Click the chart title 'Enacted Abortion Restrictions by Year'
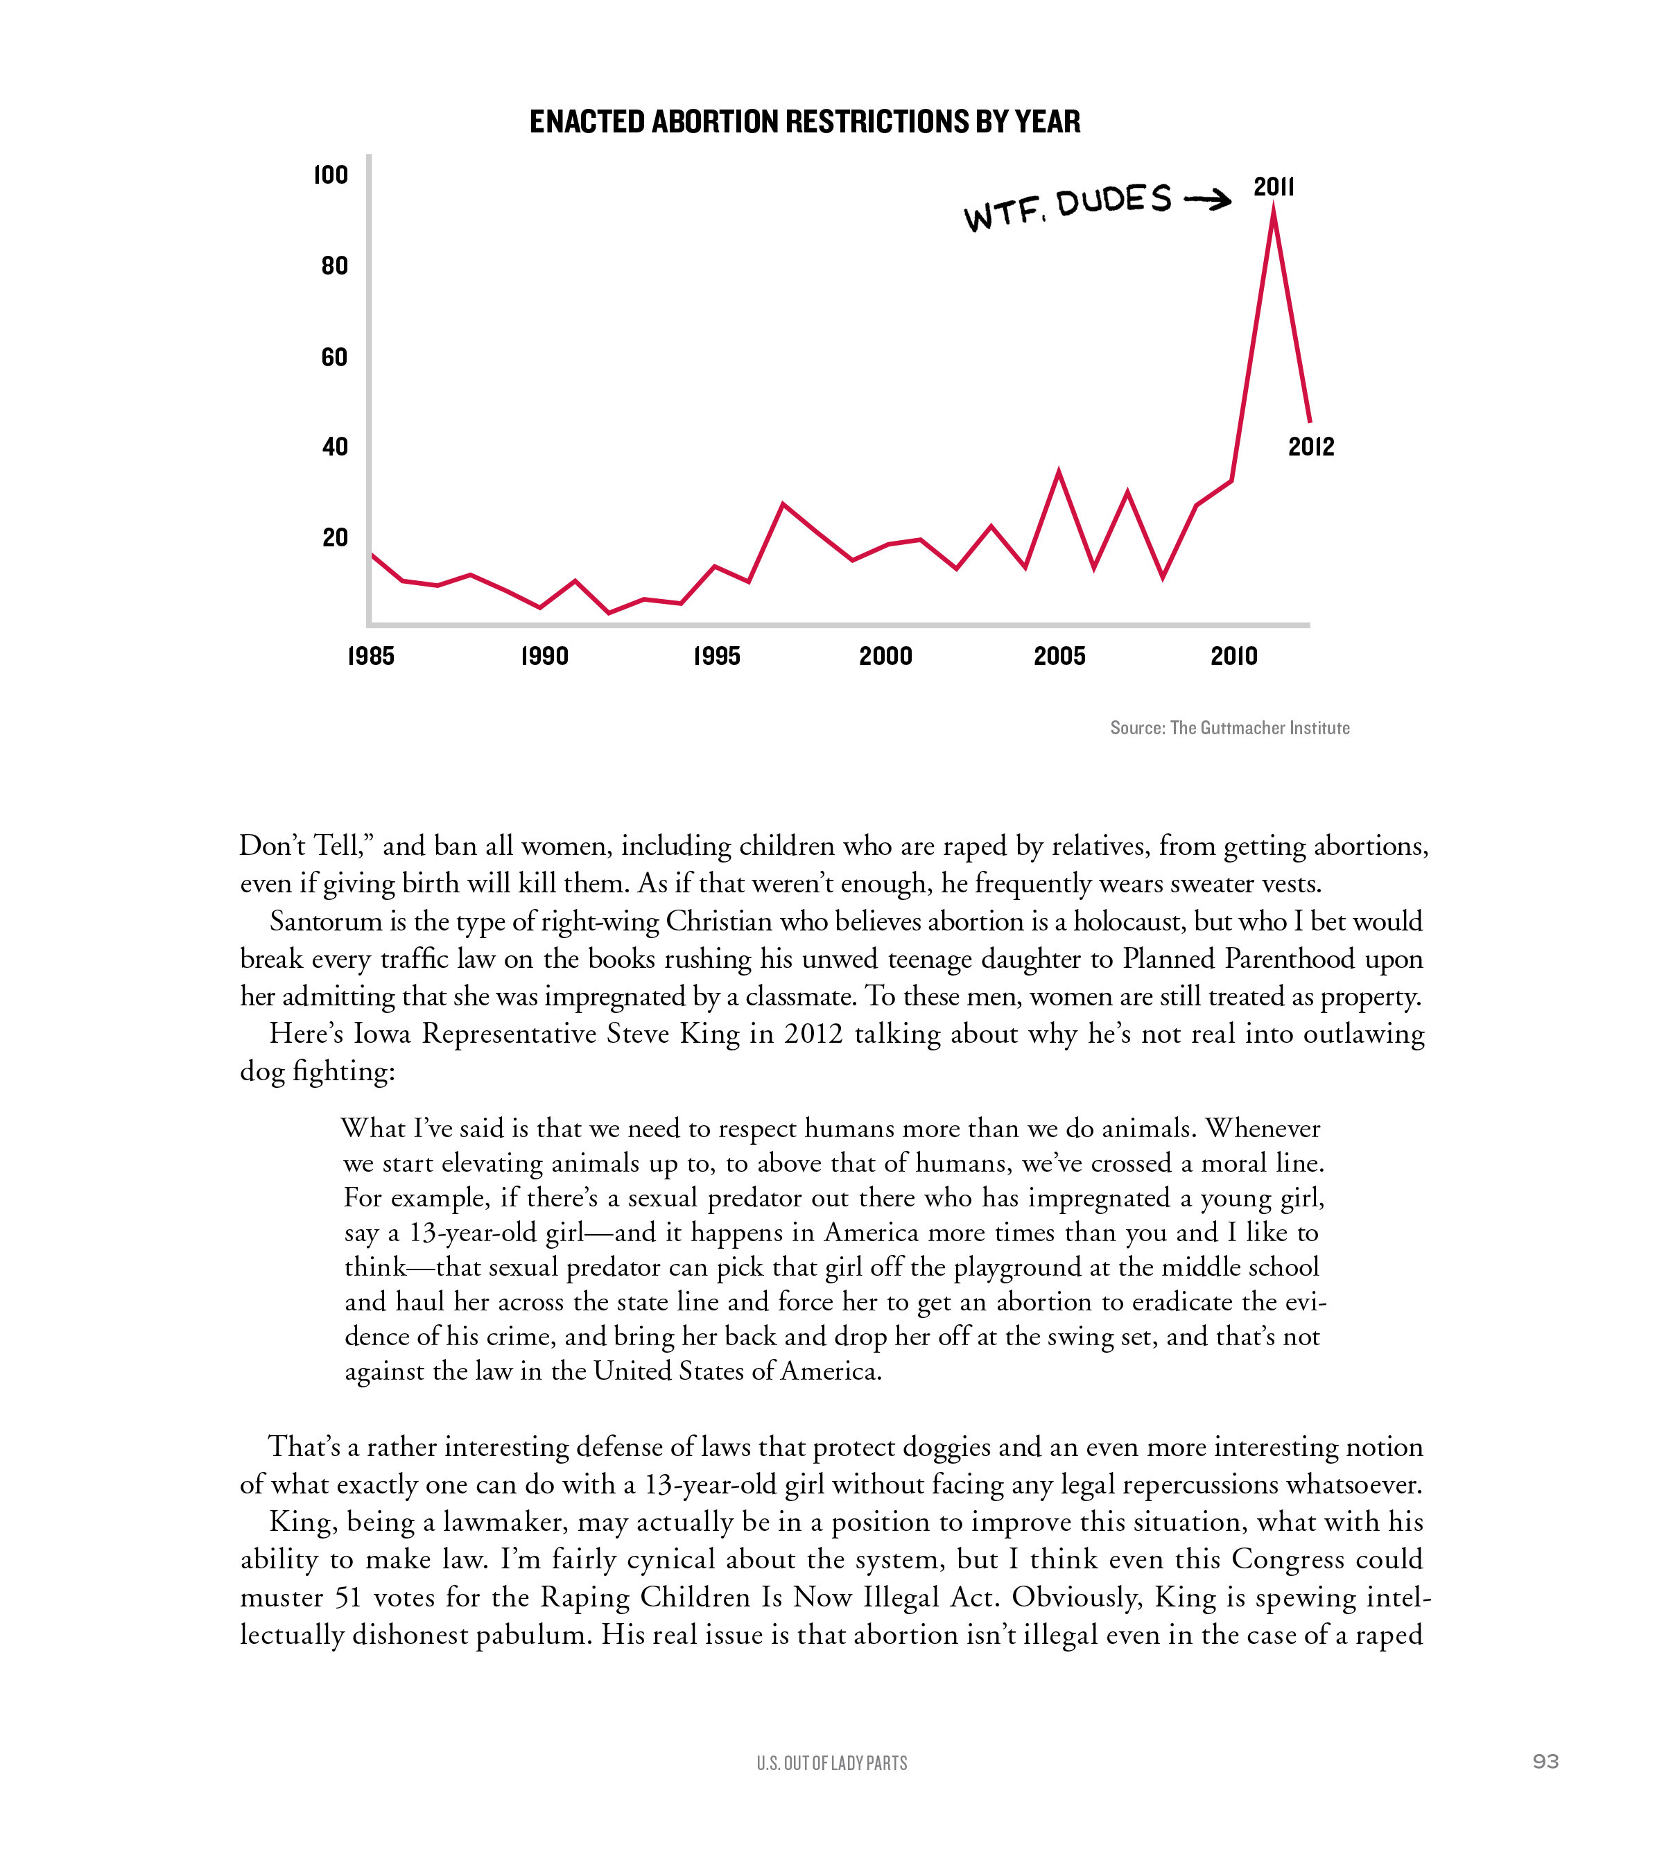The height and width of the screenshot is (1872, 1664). (x=804, y=122)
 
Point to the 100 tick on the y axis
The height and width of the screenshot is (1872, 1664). (x=331, y=175)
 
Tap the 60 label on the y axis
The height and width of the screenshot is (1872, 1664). (x=334, y=357)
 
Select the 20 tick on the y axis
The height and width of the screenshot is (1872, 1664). (x=335, y=537)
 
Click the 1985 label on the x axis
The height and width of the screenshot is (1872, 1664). (x=370, y=656)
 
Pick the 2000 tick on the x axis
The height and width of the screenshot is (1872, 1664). (x=885, y=656)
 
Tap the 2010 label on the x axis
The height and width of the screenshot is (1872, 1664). (x=1233, y=656)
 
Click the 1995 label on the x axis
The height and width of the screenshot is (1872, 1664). (x=716, y=656)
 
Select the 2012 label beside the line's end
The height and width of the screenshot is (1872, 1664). (x=1310, y=447)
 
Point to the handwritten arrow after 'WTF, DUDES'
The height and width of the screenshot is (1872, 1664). (x=1207, y=200)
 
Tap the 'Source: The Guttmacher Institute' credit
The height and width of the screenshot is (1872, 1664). (x=1229, y=728)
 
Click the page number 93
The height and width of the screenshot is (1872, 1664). (x=1545, y=1761)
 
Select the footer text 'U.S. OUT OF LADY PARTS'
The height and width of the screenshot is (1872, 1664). (x=831, y=1763)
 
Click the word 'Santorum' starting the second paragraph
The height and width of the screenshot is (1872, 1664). (x=324, y=921)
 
